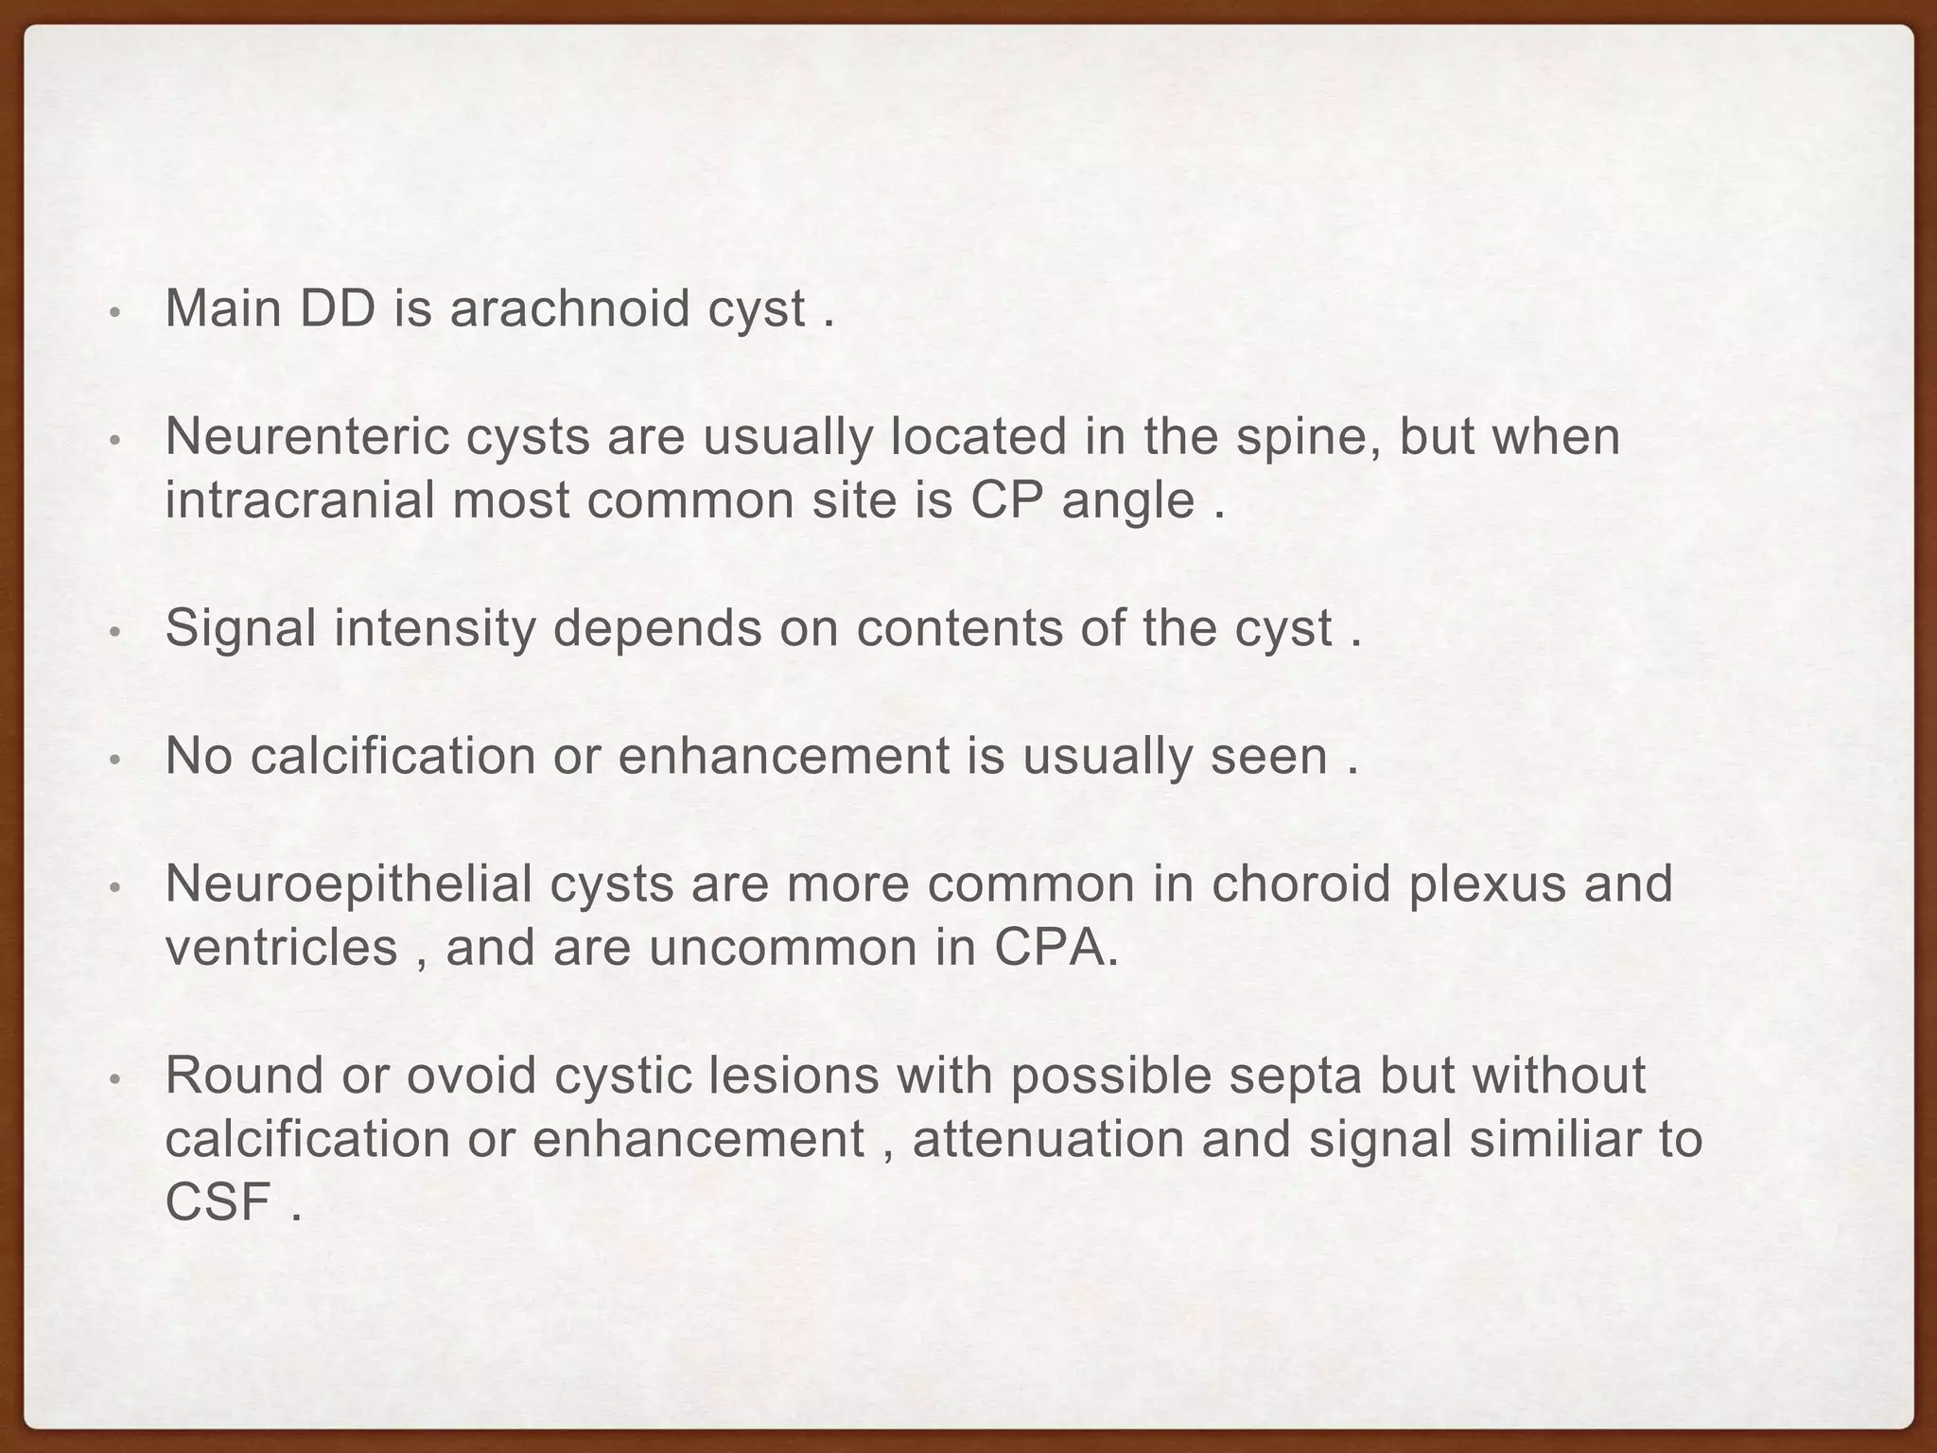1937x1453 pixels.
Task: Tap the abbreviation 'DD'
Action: [x=337, y=308]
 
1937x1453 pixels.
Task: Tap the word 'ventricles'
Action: [x=281, y=948]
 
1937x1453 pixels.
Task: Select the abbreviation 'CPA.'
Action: [x=1056, y=948]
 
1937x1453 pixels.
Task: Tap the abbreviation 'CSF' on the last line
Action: [x=218, y=1202]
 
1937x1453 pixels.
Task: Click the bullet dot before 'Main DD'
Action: [x=113, y=312]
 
